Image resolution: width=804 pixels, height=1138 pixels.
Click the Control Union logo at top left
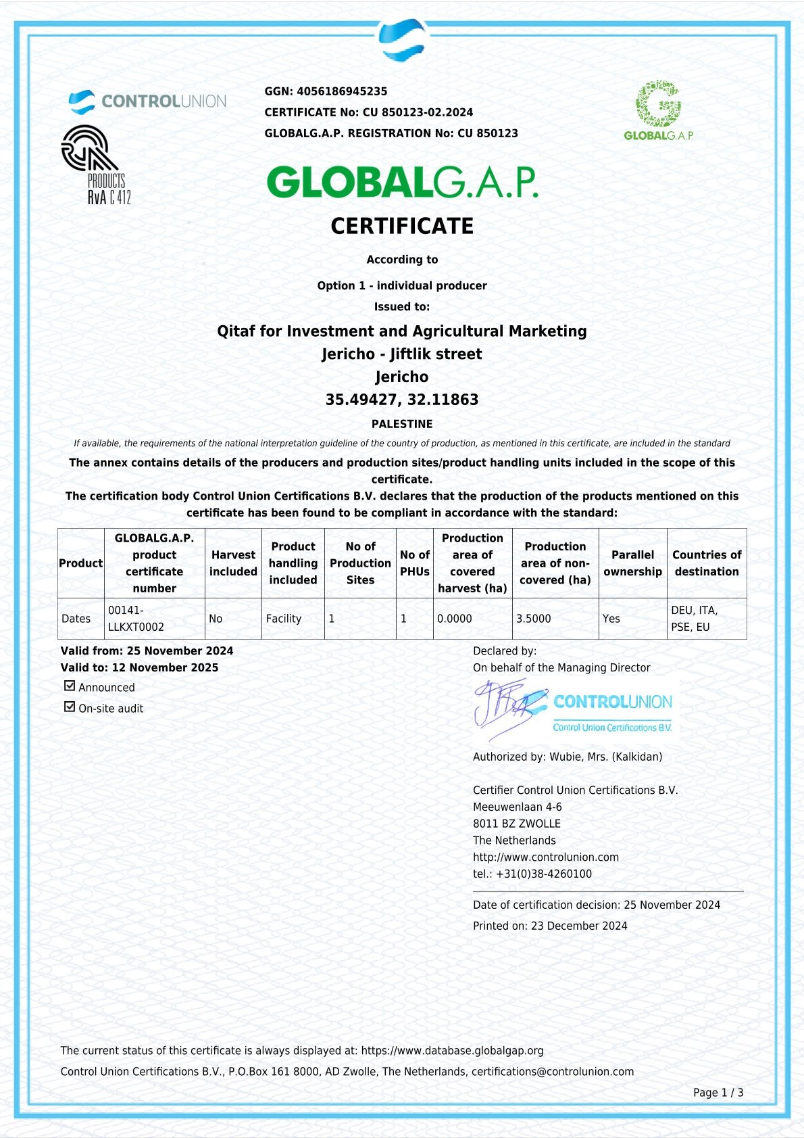coord(147,101)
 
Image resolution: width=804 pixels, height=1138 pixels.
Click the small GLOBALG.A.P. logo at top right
coord(659,110)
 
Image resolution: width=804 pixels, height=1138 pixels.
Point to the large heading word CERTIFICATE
coord(402,226)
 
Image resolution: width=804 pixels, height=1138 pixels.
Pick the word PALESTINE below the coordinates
coord(402,424)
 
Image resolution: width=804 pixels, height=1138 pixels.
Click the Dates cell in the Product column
coord(76,619)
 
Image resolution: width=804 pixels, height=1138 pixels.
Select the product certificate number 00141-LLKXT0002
coord(136,619)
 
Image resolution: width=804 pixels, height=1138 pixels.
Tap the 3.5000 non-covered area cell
coord(534,619)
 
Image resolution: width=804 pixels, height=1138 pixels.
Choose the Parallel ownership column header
coord(632,563)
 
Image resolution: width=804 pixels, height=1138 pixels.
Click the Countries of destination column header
coord(707,563)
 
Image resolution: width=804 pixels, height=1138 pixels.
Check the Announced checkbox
coord(70,686)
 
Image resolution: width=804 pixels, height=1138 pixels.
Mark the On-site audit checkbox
coord(70,707)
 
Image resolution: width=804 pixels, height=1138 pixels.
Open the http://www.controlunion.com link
coord(546,857)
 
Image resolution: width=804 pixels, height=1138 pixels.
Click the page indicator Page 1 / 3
coord(718,1092)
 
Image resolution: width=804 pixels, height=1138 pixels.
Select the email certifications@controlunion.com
coord(553,1071)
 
